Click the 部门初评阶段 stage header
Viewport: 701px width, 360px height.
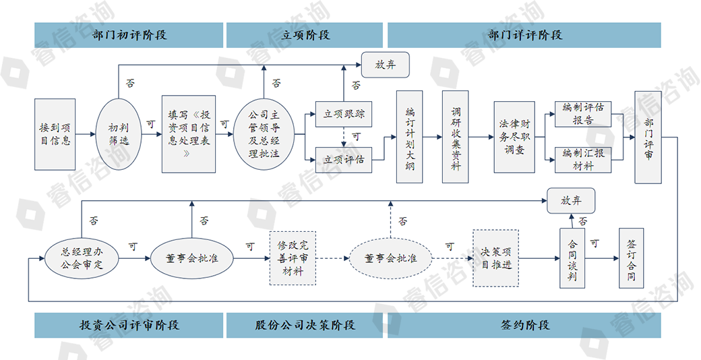(129, 35)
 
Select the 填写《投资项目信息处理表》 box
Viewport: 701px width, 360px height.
(188, 134)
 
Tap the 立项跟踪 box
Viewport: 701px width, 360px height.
(344, 114)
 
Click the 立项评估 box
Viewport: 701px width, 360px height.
(344, 160)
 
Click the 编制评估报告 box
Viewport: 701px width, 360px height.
(583, 114)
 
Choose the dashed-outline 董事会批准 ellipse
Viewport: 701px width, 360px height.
(390, 258)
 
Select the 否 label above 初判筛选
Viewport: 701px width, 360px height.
(130, 84)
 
